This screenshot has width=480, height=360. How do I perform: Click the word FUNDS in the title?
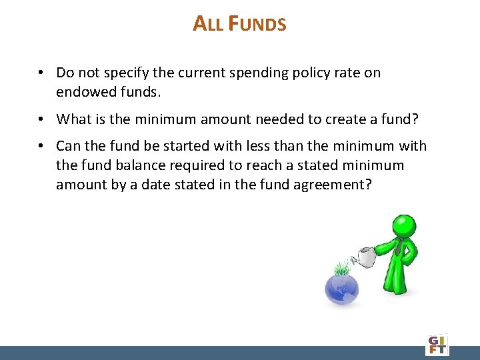[x=257, y=24]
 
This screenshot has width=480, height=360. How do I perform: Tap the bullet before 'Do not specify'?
[x=41, y=73]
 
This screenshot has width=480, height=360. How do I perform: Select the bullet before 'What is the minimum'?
[x=41, y=119]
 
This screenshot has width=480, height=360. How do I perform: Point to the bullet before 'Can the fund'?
[x=41, y=146]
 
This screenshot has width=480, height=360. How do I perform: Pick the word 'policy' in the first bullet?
[x=306, y=73]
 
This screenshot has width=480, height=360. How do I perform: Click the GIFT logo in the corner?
[x=437, y=343]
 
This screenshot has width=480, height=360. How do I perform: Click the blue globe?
[x=341, y=287]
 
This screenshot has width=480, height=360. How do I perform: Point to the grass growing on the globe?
[x=342, y=269]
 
